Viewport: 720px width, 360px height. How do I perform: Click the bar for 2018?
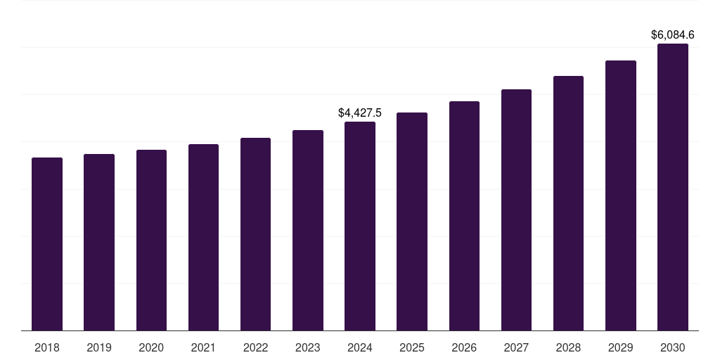pos(47,244)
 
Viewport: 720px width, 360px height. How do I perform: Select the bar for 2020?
pos(151,240)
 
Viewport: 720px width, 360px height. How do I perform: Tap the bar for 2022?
pos(255,234)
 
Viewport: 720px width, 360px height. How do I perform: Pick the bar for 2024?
pos(360,226)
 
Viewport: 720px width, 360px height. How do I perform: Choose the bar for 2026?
pos(464,216)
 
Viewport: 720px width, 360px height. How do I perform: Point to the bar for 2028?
pos(568,203)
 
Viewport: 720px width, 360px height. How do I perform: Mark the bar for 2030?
pos(673,187)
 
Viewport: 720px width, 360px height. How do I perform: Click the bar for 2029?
pos(621,195)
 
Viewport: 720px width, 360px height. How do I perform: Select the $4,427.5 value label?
pos(360,112)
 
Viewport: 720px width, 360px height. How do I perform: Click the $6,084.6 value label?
pos(673,34)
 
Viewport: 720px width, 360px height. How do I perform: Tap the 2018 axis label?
pos(47,347)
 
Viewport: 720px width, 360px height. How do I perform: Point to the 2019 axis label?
pos(99,347)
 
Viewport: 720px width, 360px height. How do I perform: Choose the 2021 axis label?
pos(203,347)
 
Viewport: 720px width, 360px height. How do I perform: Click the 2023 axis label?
pos(308,347)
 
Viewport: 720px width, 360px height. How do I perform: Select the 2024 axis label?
pos(360,347)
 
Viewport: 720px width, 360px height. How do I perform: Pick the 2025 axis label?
pos(412,347)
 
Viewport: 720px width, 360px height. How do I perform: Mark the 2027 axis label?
pos(516,347)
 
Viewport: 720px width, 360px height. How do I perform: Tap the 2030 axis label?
pos(673,347)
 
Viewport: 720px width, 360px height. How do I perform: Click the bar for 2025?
pos(412,221)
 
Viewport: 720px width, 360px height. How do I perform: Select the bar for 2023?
pos(308,230)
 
